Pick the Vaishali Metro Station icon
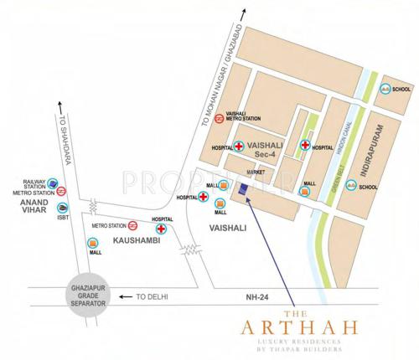(x=218, y=119)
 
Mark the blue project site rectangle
(x=243, y=188)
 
